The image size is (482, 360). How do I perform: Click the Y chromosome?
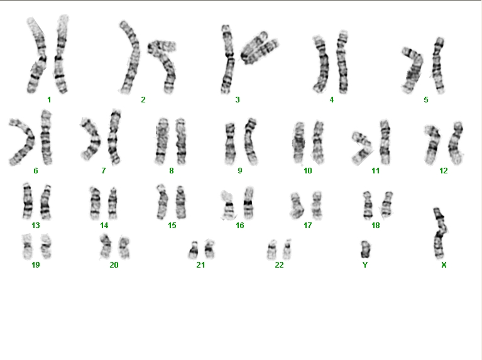pos(365,249)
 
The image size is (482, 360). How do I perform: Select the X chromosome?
pos(440,234)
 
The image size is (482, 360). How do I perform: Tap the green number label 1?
pos(49,100)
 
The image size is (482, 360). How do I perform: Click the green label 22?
pos(279,265)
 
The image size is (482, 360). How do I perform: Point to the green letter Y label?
pos(365,265)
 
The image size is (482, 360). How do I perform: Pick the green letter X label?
pos(444,265)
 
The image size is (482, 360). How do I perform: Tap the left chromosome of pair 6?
pos(24,142)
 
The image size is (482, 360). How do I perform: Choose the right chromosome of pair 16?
pos(248,203)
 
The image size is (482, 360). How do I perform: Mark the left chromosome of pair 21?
pos(194,250)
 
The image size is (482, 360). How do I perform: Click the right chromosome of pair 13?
pos(46,202)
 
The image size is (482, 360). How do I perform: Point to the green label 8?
pos(172,171)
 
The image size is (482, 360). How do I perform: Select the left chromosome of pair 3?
pos(227,59)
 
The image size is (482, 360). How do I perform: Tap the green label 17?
pos(308,226)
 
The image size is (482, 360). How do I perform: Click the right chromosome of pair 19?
pos(47,246)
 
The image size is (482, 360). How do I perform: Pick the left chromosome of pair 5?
pos(412,71)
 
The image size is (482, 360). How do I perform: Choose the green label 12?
pos(444,171)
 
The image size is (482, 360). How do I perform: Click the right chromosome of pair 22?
pos(287,249)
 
